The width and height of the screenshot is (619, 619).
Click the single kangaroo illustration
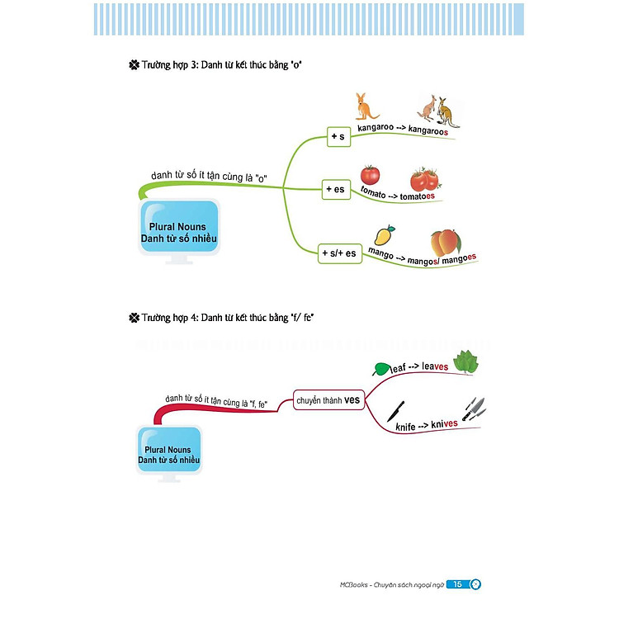[365, 106]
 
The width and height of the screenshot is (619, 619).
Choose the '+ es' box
[335, 190]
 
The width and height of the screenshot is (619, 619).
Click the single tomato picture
[370, 175]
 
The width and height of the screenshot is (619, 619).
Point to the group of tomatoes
[425, 180]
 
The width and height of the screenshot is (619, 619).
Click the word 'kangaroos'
[433, 130]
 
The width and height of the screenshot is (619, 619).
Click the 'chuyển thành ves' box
[329, 401]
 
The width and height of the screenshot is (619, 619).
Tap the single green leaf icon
[383, 369]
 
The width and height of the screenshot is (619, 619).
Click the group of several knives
[473, 408]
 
